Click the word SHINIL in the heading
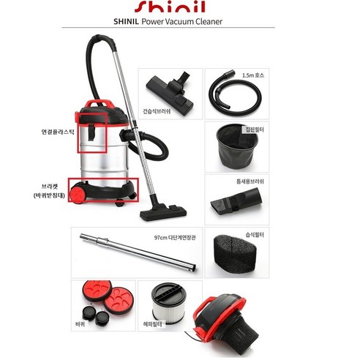click(135, 21)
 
